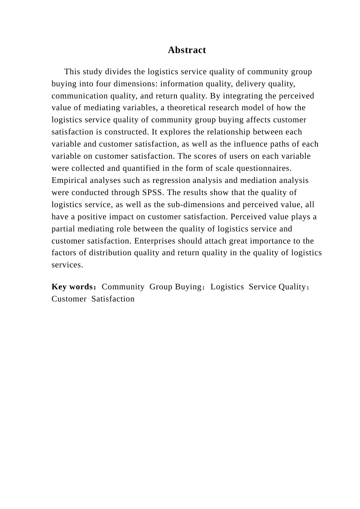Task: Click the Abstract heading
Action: point(187,50)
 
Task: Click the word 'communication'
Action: point(77,96)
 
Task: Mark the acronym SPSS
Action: point(153,192)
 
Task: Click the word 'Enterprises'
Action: point(155,241)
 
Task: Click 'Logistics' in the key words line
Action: point(227,287)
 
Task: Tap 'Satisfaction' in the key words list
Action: point(113,299)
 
